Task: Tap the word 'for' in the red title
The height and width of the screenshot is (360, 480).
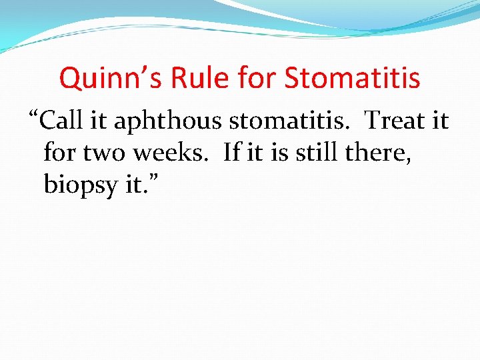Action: click(258, 79)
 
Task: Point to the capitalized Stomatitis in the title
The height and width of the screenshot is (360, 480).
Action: click(353, 79)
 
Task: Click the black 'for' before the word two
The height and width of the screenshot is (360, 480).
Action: click(58, 153)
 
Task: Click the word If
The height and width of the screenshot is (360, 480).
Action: click(231, 153)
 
